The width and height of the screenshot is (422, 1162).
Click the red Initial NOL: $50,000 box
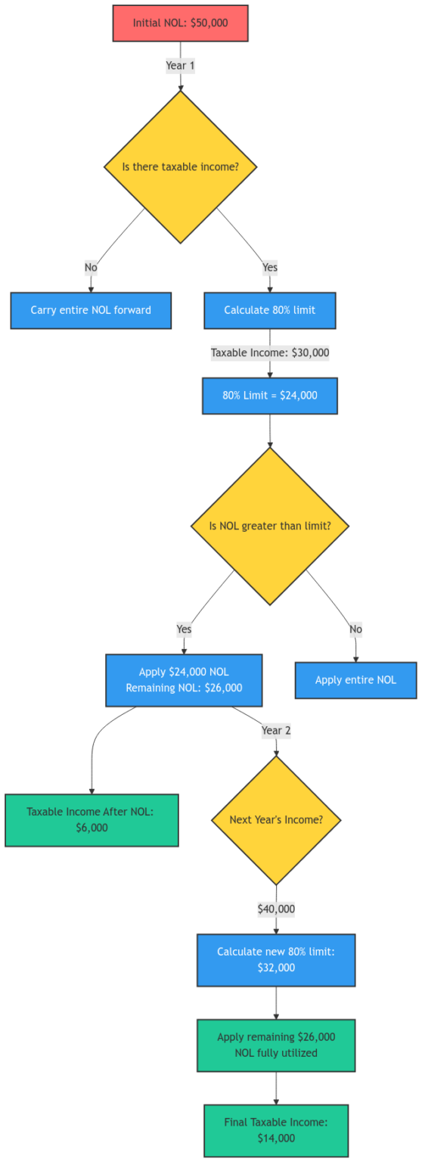pos(180,23)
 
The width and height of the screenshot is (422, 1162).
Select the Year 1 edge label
pos(180,66)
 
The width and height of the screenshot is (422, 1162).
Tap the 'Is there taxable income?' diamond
pos(180,166)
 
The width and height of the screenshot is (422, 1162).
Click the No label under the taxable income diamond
pos(91,267)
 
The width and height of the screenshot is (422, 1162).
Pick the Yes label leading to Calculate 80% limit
pos(269,267)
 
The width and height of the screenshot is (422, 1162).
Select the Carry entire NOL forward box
pos(91,310)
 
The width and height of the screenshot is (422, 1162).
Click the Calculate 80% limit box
pos(269,310)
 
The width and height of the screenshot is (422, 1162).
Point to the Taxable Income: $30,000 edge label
pos(269,353)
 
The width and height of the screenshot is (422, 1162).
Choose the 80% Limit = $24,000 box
pos(269,396)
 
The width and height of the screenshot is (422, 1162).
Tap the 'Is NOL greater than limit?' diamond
pos(269,526)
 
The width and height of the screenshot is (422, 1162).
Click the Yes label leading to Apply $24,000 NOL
pos(184,629)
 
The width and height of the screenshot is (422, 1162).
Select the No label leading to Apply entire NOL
pos(355,629)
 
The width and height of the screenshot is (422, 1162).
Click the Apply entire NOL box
pos(355,680)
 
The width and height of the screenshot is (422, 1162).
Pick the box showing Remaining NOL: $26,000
pos(184,680)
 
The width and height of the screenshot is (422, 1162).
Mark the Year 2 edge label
pos(275,731)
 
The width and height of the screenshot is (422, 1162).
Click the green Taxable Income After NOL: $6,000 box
pos(92,820)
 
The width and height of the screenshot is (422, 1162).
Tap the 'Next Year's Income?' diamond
pos(275,820)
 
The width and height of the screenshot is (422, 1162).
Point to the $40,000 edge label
pos(275,909)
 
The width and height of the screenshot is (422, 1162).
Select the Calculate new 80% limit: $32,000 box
pos(275,960)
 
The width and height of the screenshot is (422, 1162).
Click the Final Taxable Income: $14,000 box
pos(275,1130)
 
